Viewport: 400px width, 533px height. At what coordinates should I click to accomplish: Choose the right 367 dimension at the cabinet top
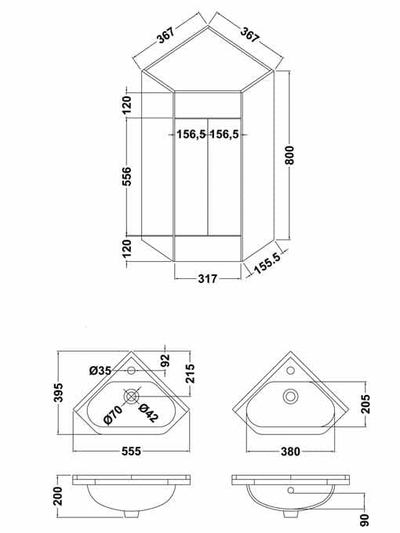pos(250,35)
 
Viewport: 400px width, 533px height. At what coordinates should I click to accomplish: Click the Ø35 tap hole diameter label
pos(100,370)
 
